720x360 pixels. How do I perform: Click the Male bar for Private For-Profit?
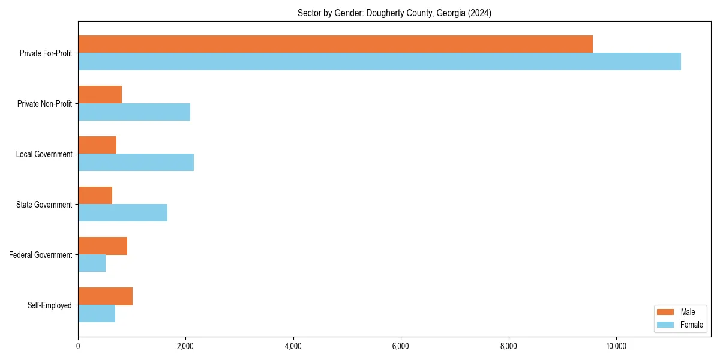click(x=335, y=44)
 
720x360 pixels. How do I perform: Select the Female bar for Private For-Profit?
click(x=379, y=61)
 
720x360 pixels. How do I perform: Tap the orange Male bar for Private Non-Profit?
click(x=100, y=95)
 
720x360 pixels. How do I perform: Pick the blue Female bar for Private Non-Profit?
click(x=134, y=112)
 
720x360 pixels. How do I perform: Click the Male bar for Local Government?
click(x=97, y=145)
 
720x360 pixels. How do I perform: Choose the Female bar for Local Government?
click(x=136, y=162)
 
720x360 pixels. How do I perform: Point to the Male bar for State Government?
click(x=95, y=196)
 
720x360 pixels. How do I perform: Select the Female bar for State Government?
click(x=122, y=212)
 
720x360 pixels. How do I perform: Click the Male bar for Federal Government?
click(x=103, y=246)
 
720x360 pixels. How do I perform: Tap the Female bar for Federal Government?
click(x=92, y=263)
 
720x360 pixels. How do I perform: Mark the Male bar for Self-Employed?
click(x=105, y=296)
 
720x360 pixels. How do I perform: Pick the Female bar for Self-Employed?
click(x=97, y=313)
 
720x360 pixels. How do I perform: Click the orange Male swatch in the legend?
click(x=666, y=312)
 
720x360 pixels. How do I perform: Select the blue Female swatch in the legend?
click(x=666, y=325)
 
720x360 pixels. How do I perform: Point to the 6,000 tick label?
click(x=400, y=346)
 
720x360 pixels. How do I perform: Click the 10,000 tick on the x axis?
click(x=616, y=346)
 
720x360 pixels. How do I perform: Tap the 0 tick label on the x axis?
click(x=78, y=346)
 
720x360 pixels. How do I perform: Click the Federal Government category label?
click(x=41, y=255)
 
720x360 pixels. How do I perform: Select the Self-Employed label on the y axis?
click(x=50, y=305)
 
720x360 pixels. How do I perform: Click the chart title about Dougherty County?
click(x=394, y=13)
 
